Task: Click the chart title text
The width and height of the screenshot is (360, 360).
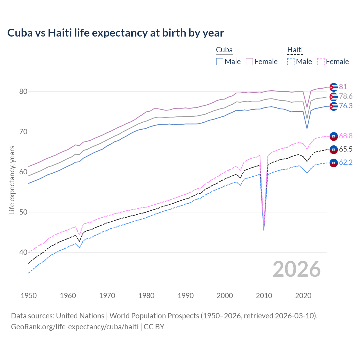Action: click(x=116, y=33)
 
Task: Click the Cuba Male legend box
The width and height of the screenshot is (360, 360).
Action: click(x=220, y=62)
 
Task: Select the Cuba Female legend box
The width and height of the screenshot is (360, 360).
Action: click(x=249, y=62)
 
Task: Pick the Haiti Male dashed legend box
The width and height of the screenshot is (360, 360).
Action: click(x=291, y=62)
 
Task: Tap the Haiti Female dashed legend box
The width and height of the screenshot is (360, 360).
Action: click(x=321, y=62)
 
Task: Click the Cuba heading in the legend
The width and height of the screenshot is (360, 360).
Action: click(x=224, y=50)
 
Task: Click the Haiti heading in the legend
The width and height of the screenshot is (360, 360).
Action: click(x=295, y=50)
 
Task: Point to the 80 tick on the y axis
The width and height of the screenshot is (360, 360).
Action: click(x=23, y=92)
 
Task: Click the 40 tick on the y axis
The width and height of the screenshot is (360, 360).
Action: click(x=23, y=253)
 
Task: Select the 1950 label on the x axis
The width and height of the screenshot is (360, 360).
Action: click(x=29, y=296)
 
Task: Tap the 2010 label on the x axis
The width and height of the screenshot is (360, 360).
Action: click(x=264, y=296)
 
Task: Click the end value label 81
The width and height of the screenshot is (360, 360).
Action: click(x=343, y=87)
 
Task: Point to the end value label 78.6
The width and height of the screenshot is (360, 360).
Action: click(x=346, y=96)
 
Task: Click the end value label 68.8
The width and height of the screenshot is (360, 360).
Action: click(x=346, y=136)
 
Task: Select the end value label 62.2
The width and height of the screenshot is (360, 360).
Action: click(x=346, y=163)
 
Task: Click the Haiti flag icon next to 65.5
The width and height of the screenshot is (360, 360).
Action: click(x=334, y=150)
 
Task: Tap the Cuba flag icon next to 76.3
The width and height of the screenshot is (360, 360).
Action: click(x=334, y=106)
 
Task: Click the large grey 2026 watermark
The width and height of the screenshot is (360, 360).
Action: click(x=296, y=269)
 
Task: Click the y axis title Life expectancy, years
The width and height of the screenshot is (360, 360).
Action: click(x=12, y=180)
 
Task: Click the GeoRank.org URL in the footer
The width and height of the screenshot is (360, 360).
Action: click(x=75, y=327)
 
